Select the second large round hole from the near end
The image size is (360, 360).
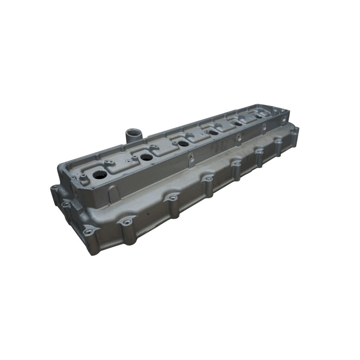point(146,157)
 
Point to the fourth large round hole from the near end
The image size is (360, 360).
point(213,132)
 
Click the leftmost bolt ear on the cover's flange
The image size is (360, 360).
point(54,187)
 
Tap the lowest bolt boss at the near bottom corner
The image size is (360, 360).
point(88,230)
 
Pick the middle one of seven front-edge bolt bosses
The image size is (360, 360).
point(208,179)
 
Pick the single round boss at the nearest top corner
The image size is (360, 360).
point(83,176)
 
